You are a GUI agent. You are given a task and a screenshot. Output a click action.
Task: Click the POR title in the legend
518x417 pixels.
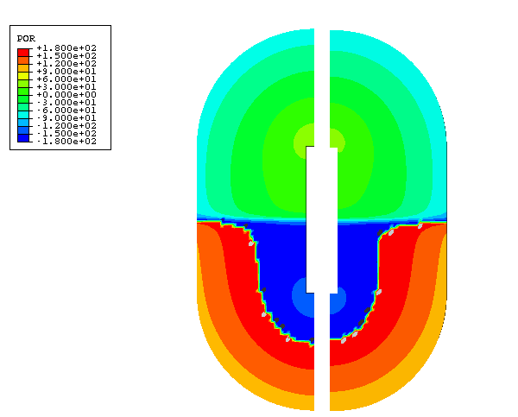26,39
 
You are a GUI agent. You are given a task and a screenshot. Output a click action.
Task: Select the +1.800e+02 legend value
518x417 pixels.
66,48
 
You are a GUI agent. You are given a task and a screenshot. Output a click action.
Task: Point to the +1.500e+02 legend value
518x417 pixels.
66,56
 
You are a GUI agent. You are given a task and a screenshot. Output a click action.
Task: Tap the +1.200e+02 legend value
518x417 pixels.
66,64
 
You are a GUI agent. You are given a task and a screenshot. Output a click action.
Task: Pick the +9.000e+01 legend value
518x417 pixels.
66,72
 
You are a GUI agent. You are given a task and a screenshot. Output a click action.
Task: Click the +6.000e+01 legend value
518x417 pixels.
66,79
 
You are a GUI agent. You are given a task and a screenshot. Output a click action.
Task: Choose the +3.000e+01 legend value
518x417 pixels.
66,87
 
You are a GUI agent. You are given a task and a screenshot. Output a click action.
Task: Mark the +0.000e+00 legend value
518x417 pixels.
66,95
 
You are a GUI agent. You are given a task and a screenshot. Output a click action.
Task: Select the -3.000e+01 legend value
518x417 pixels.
66,103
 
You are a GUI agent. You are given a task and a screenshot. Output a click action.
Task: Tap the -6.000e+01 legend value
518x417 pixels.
66,111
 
